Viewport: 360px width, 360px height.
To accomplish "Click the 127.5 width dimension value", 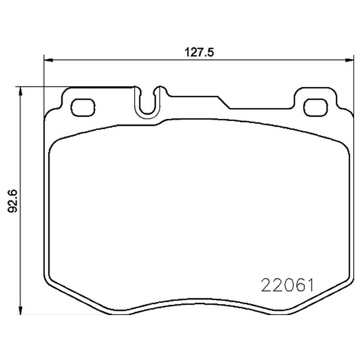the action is (199, 53).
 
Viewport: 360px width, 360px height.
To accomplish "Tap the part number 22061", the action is (288, 285).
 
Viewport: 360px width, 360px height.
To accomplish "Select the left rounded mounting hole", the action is (83, 108).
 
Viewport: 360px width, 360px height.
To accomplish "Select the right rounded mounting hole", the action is (315, 108).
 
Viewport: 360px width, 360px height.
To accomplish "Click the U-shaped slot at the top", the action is (147, 115).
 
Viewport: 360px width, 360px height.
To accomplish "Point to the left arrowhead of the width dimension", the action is (48, 60).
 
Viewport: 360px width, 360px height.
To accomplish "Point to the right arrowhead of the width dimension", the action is (349, 60).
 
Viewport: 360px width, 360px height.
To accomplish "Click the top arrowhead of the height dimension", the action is (21, 92).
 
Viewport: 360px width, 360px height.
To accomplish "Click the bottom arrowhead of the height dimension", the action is (21, 310).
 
